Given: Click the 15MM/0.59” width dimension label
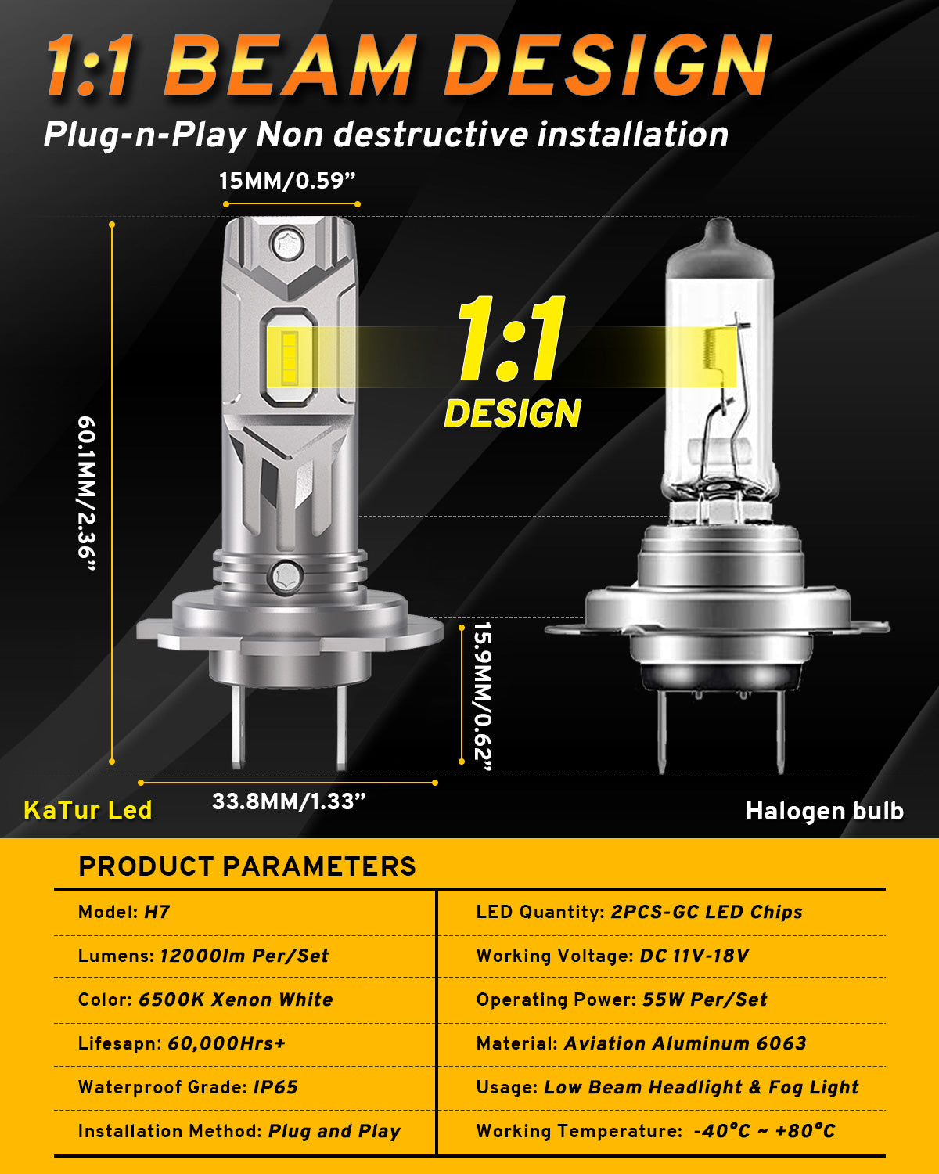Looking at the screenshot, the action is [287, 181].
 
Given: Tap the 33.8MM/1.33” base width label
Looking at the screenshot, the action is [289, 801].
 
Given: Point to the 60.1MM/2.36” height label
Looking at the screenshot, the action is [87, 493].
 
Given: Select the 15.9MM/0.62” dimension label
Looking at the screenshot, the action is [483, 696].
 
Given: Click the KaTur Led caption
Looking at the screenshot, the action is [88, 810].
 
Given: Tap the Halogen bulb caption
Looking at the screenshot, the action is [825, 811].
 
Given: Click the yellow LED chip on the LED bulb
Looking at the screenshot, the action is [290, 358].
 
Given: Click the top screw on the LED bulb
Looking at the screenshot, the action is [288, 244].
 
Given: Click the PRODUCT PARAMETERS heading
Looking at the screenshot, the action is [247, 866].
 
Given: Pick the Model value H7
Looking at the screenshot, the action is [157, 912].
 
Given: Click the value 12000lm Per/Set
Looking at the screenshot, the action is [244, 956].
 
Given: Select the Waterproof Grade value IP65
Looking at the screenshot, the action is [276, 1087].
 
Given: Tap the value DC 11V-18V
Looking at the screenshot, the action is [695, 956].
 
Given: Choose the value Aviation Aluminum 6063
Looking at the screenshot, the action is [685, 1043].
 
